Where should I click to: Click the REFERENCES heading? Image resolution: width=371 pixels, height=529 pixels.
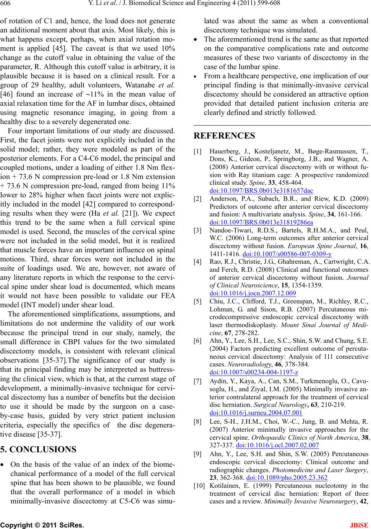point(224,136)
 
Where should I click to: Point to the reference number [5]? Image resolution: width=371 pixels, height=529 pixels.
point(198,302)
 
